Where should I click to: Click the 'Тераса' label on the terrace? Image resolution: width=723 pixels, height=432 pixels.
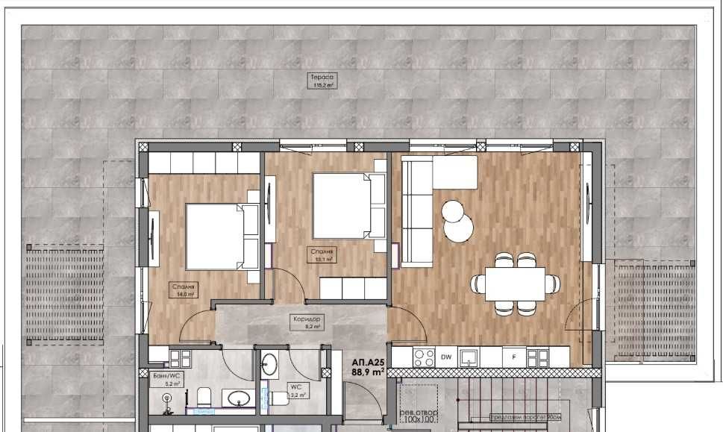click(322, 77)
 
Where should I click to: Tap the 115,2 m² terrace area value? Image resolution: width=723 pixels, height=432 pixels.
click(322, 86)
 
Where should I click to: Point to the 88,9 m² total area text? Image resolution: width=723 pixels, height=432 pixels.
click(368, 371)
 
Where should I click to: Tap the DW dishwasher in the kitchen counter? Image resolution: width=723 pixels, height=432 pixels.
click(446, 357)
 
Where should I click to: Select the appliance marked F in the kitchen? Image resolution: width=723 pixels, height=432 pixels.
click(513, 357)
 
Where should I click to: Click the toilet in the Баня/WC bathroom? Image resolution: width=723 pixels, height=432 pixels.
click(204, 396)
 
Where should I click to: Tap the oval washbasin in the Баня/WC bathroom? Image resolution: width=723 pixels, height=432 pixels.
click(238, 397)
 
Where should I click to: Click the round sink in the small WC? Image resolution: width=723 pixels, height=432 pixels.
click(269, 366)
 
